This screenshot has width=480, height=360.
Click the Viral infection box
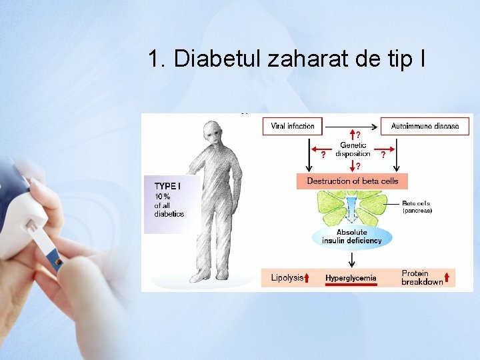tap(292, 126)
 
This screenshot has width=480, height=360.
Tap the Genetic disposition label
tap(353, 150)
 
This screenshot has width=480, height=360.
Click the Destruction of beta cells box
tap(352, 181)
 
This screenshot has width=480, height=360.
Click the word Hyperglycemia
tap(351, 278)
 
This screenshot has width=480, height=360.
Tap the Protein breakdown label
tap(422, 278)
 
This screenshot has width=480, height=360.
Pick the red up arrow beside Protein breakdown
tap(447, 278)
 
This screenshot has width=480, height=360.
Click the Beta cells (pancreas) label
tap(417, 207)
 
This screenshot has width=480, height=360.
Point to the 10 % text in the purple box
tap(162, 196)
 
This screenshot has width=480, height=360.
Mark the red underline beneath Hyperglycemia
tap(351, 285)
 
